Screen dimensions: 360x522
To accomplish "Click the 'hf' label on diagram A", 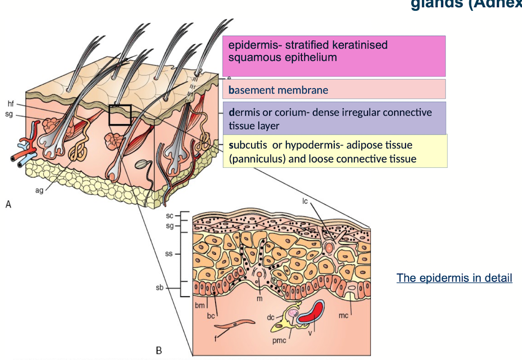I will (10, 104).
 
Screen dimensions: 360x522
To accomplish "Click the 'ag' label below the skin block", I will (39, 190).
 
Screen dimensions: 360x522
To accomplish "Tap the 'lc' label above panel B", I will (305, 201).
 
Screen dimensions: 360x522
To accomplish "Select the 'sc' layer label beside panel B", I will (170, 216).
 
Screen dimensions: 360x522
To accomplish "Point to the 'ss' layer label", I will (169, 254).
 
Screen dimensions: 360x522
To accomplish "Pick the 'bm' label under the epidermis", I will (199, 306).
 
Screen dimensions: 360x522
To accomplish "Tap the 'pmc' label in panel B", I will (279, 341).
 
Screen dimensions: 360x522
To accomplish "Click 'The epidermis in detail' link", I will (454, 278).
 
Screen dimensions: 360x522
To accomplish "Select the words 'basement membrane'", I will (278, 90).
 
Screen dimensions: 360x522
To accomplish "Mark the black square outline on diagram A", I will (120, 115).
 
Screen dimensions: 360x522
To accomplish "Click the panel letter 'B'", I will (158, 350).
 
